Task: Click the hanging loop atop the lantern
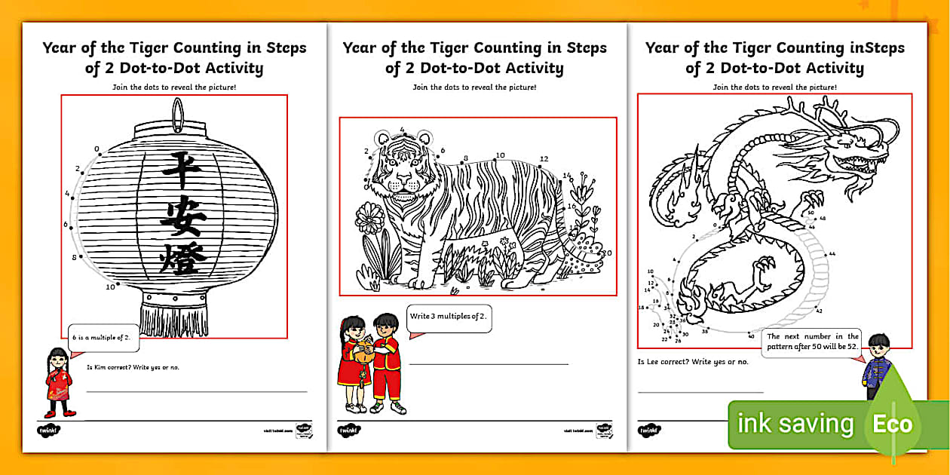[177, 112]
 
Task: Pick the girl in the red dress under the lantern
[59, 382]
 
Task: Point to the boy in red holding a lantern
[385, 362]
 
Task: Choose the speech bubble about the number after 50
[811, 342]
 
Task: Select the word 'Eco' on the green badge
[893, 424]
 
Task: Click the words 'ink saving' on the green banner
[795, 424]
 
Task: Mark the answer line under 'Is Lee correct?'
[700, 392]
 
